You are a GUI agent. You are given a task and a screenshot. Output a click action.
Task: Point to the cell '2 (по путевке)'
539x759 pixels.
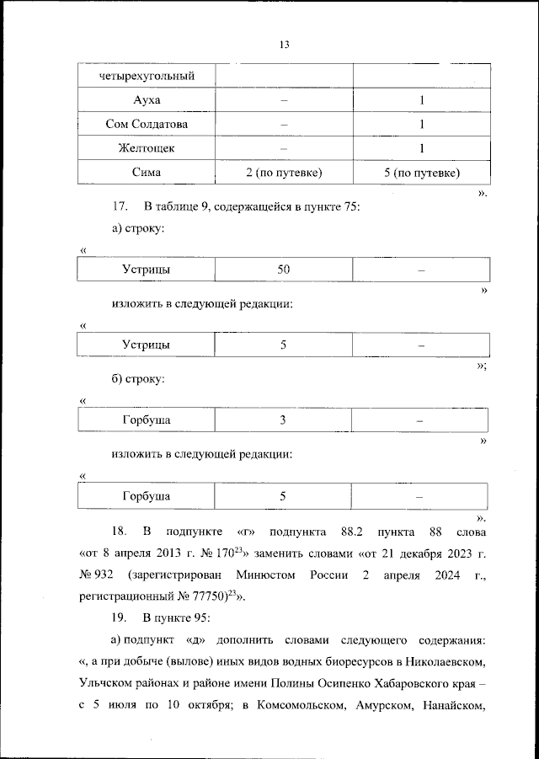tap(284, 173)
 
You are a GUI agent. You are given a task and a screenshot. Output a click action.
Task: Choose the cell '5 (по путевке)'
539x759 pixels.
tap(420, 173)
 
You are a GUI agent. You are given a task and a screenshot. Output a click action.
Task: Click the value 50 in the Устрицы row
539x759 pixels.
tap(284, 270)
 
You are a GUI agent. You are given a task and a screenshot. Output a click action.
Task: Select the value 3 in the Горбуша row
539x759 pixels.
tap(284, 420)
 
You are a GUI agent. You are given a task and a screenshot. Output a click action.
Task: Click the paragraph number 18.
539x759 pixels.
tap(120, 532)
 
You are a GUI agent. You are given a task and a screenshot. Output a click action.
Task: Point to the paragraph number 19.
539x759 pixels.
tap(120, 618)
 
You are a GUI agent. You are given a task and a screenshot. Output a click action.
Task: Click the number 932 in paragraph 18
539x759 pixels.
tap(102, 575)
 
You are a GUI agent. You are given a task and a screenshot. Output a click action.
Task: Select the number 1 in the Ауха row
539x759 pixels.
tap(420, 100)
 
